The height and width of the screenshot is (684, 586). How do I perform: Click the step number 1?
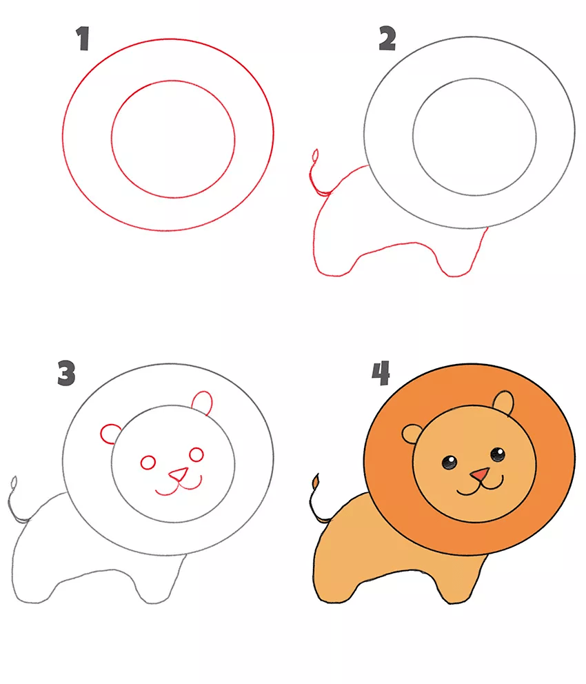pos(83,39)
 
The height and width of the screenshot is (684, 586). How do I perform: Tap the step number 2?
pos(387,39)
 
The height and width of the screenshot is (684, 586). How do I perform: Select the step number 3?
pos(66,373)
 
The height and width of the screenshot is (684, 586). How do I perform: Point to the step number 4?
pos(381,373)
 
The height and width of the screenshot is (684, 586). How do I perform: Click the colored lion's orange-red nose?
pos(480,474)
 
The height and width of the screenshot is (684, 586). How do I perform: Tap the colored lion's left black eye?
pos(449,462)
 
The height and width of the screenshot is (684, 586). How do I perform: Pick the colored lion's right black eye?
pos(498,454)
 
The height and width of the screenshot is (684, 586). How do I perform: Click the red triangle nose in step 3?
pos(179,474)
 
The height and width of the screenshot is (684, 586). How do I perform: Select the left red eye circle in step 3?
pos(148,463)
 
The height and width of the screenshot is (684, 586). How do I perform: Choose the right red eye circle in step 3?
pos(196,454)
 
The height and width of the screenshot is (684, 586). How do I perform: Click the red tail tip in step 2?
pos(315,156)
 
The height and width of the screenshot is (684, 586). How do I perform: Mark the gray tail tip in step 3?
pos(14,483)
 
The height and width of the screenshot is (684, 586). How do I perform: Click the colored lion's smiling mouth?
pos(480,487)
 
